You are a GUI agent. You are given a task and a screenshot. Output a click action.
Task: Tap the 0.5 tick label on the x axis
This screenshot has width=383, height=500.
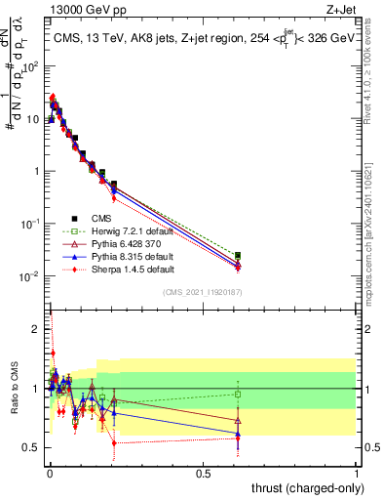(x=203, y=472)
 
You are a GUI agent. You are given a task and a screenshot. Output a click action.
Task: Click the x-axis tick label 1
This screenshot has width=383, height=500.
(x=357, y=472)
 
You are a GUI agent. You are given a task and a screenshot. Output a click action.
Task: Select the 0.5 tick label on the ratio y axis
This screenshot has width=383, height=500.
(x=31, y=447)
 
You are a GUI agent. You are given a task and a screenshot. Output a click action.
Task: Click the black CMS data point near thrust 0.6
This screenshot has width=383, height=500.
(x=238, y=255)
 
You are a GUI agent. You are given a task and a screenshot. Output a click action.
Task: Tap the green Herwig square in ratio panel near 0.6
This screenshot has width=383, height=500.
(x=238, y=395)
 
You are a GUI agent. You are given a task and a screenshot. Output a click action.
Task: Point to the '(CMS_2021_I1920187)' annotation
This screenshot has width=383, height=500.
(x=202, y=292)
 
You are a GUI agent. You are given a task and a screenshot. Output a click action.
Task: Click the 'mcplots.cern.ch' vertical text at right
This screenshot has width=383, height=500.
(x=373, y=244)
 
